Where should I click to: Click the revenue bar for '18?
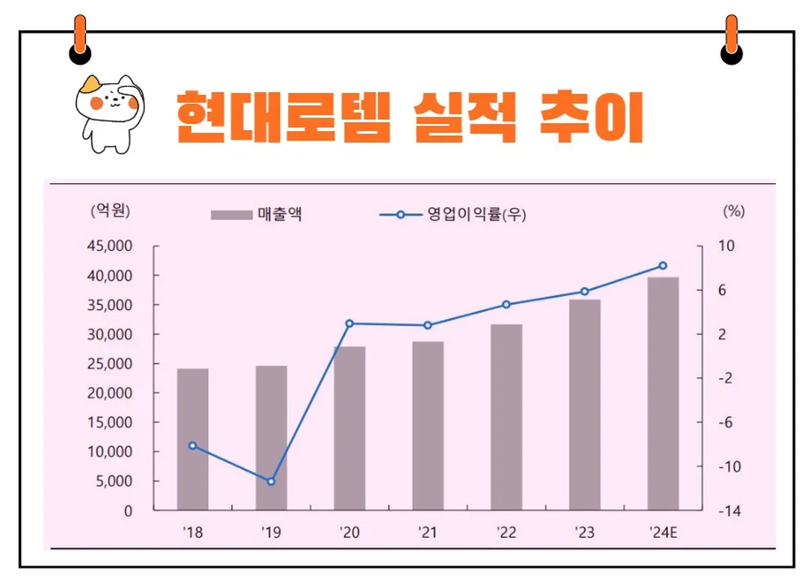[x=192, y=439]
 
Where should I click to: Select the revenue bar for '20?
[x=349, y=428]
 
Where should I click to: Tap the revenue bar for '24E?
[x=663, y=393]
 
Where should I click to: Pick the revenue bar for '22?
[x=506, y=417]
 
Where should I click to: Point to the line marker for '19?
[x=271, y=481]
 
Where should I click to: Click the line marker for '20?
[x=349, y=323]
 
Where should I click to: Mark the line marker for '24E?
[x=663, y=266]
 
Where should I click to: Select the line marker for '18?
[x=192, y=445]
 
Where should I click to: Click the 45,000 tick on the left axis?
[x=111, y=246]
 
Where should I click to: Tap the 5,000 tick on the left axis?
[x=115, y=481]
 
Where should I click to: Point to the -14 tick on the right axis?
[x=729, y=511]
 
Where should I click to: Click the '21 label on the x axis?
[x=428, y=533]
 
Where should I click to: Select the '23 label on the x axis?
[x=584, y=533]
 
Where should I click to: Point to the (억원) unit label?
[x=110, y=211]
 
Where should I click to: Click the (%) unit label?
[x=734, y=211]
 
